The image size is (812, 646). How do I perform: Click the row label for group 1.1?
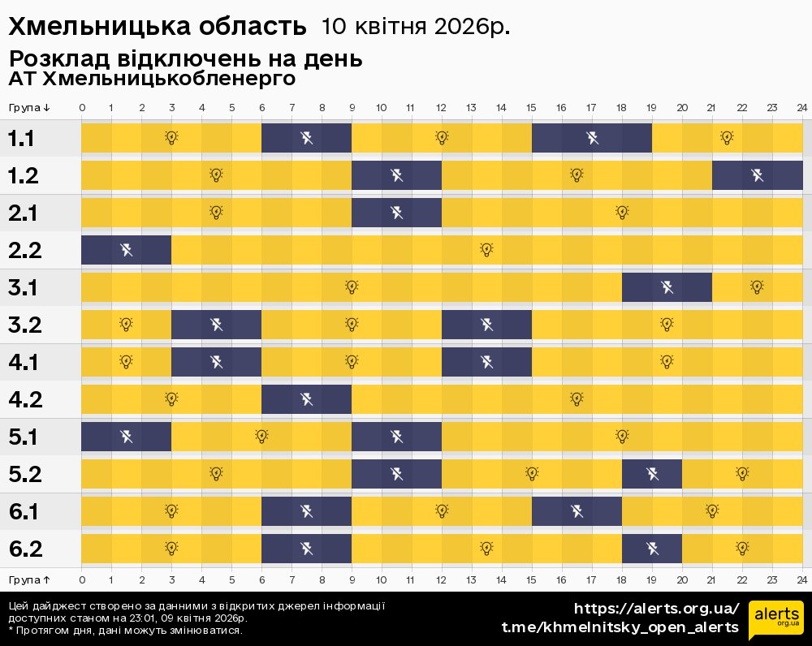(x=21, y=139)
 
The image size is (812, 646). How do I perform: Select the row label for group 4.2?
(x=25, y=399)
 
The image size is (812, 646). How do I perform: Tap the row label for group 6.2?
(x=25, y=549)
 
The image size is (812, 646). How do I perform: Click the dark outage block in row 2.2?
(x=126, y=250)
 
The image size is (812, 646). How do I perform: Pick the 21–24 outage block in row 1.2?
(x=757, y=175)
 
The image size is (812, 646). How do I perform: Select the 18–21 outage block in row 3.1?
(x=667, y=287)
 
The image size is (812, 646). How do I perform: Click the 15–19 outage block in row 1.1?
(x=592, y=138)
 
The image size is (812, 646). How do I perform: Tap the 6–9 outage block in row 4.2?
(x=306, y=399)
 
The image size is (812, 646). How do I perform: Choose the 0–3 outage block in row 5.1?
(x=126, y=437)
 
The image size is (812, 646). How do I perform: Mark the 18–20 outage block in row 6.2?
(x=651, y=549)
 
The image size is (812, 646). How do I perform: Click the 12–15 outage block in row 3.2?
(x=486, y=325)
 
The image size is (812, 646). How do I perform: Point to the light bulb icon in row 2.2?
(x=486, y=249)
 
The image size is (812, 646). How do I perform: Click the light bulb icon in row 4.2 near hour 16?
(x=577, y=398)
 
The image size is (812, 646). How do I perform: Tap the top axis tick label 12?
(x=441, y=107)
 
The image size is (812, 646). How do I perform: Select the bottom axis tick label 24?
(x=801, y=579)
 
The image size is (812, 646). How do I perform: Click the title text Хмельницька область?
(x=158, y=27)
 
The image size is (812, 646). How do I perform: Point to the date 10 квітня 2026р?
(x=416, y=27)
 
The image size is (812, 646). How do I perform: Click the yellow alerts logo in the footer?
(x=775, y=621)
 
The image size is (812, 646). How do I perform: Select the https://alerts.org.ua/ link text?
(x=657, y=609)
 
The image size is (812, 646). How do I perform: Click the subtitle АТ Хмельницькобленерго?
(x=152, y=80)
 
